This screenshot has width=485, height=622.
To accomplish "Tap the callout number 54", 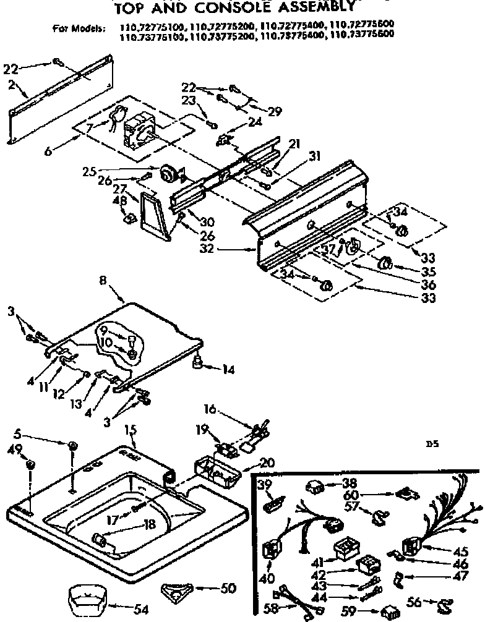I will [x=142, y=610].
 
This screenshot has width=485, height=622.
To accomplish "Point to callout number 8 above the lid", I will [x=103, y=280].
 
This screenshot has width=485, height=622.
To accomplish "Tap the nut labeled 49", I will [x=32, y=463].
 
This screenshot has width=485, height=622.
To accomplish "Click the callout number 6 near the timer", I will [x=48, y=150].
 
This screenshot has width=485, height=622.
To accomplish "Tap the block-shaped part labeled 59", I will [x=390, y=610].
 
